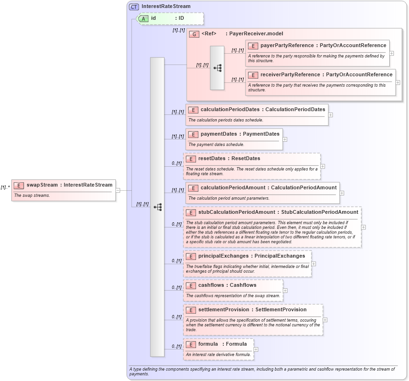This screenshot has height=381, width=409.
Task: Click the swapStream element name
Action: pyautogui.click(x=42, y=185)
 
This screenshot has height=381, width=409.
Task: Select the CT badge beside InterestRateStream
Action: pyautogui.click(x=134, y=7)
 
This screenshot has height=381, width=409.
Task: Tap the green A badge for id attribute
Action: pyautogui.click(x=144, y=18)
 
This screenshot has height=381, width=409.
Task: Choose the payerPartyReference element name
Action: pyautogui.click(x=287, y=46)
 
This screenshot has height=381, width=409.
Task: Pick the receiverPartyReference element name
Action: pyautogui.click(x=290, y=75)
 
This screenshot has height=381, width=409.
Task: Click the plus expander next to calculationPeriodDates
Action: pyautogui.click(x=330, y=114)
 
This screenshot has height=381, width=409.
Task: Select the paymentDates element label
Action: pyautogui.click(x=220, y=134)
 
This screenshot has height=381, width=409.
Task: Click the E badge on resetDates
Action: pyautogui.click(x=190, y=159)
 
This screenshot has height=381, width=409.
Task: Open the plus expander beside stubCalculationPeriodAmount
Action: pyautogui.click(x=363, y=227)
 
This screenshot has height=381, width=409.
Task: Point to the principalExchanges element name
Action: pyautogui.click(x=223, y=256)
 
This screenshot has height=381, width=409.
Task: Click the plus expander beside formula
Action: pyautogui.click(x=256, y=349)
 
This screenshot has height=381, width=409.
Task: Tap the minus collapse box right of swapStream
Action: pyautogui.click(x=118, y=190)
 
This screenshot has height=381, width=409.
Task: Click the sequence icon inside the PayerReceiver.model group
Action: pyautogui.click(x=217, y=68)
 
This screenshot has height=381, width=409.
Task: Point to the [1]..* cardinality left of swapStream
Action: pyautogui.click(x=6, y=187)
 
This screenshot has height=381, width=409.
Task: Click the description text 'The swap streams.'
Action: pyautogui.click(x=32, y=195)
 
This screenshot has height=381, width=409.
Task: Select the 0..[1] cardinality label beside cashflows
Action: pyautogui.click(x=177, y=288)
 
